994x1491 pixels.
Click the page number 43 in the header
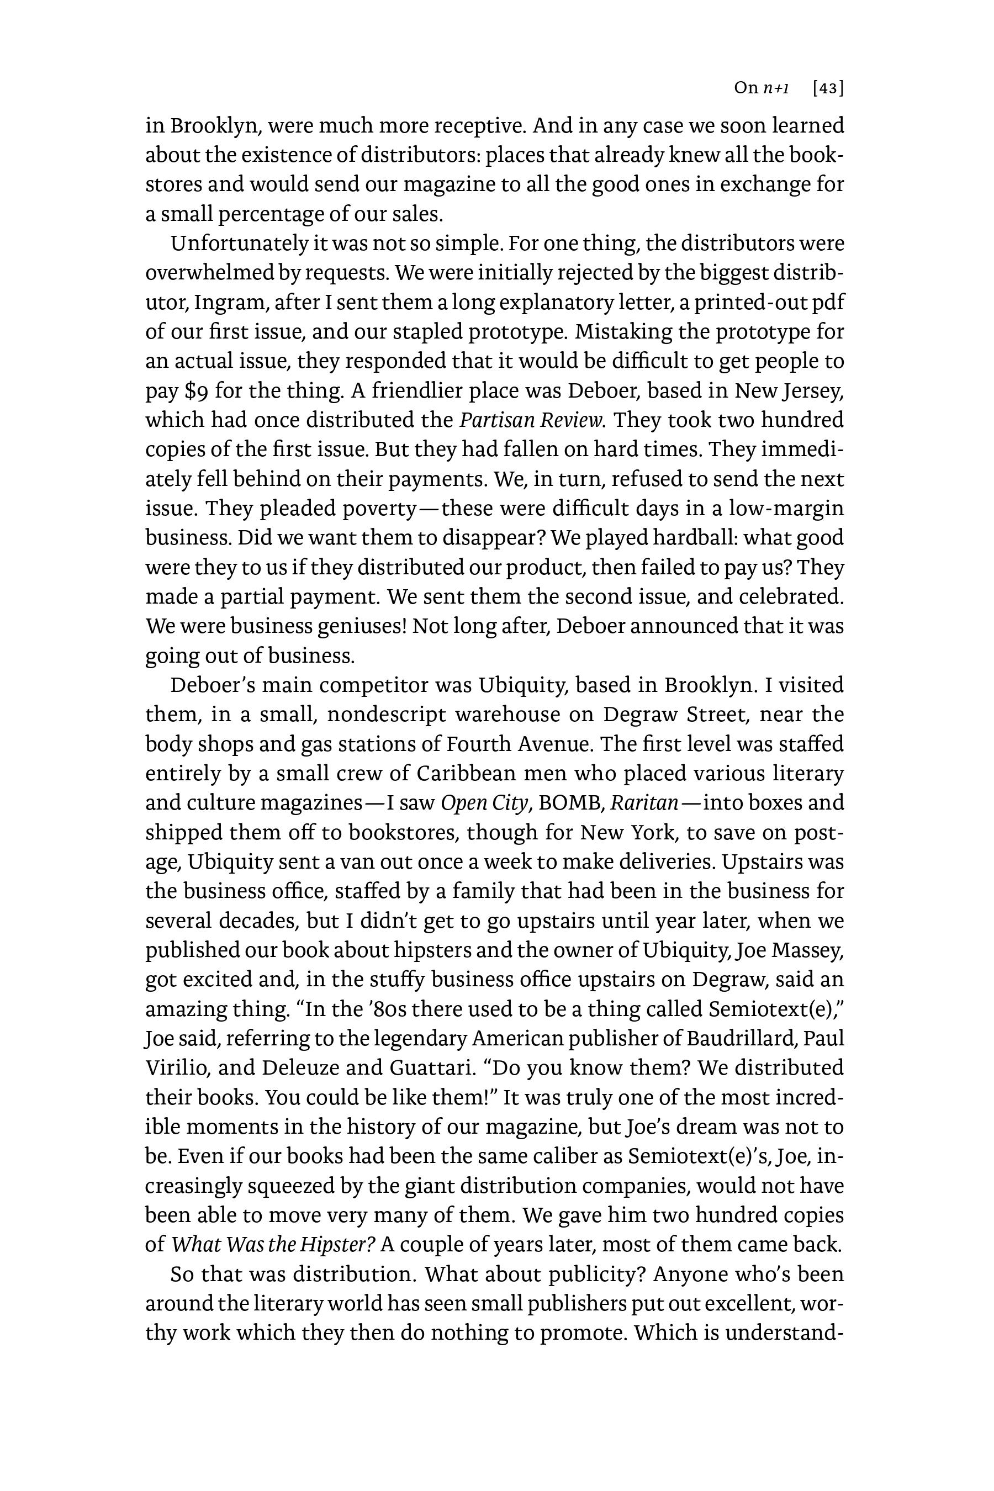coord(828,88)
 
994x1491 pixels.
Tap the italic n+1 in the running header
coord(776,88)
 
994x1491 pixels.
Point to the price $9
coord(196,390)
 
